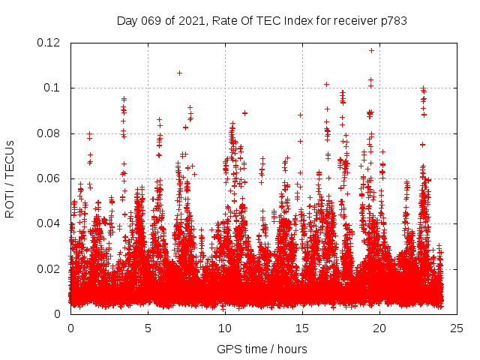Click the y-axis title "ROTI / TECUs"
click(10, 178)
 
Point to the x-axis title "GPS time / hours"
click(262, 349)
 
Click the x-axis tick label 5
click(148, 328)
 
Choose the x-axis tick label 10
click(225, 328)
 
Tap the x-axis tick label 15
click(302, 328)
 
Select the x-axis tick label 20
click(379, 328)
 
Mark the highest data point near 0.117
click(371, 50)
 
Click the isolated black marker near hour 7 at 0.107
click(179, 73)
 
